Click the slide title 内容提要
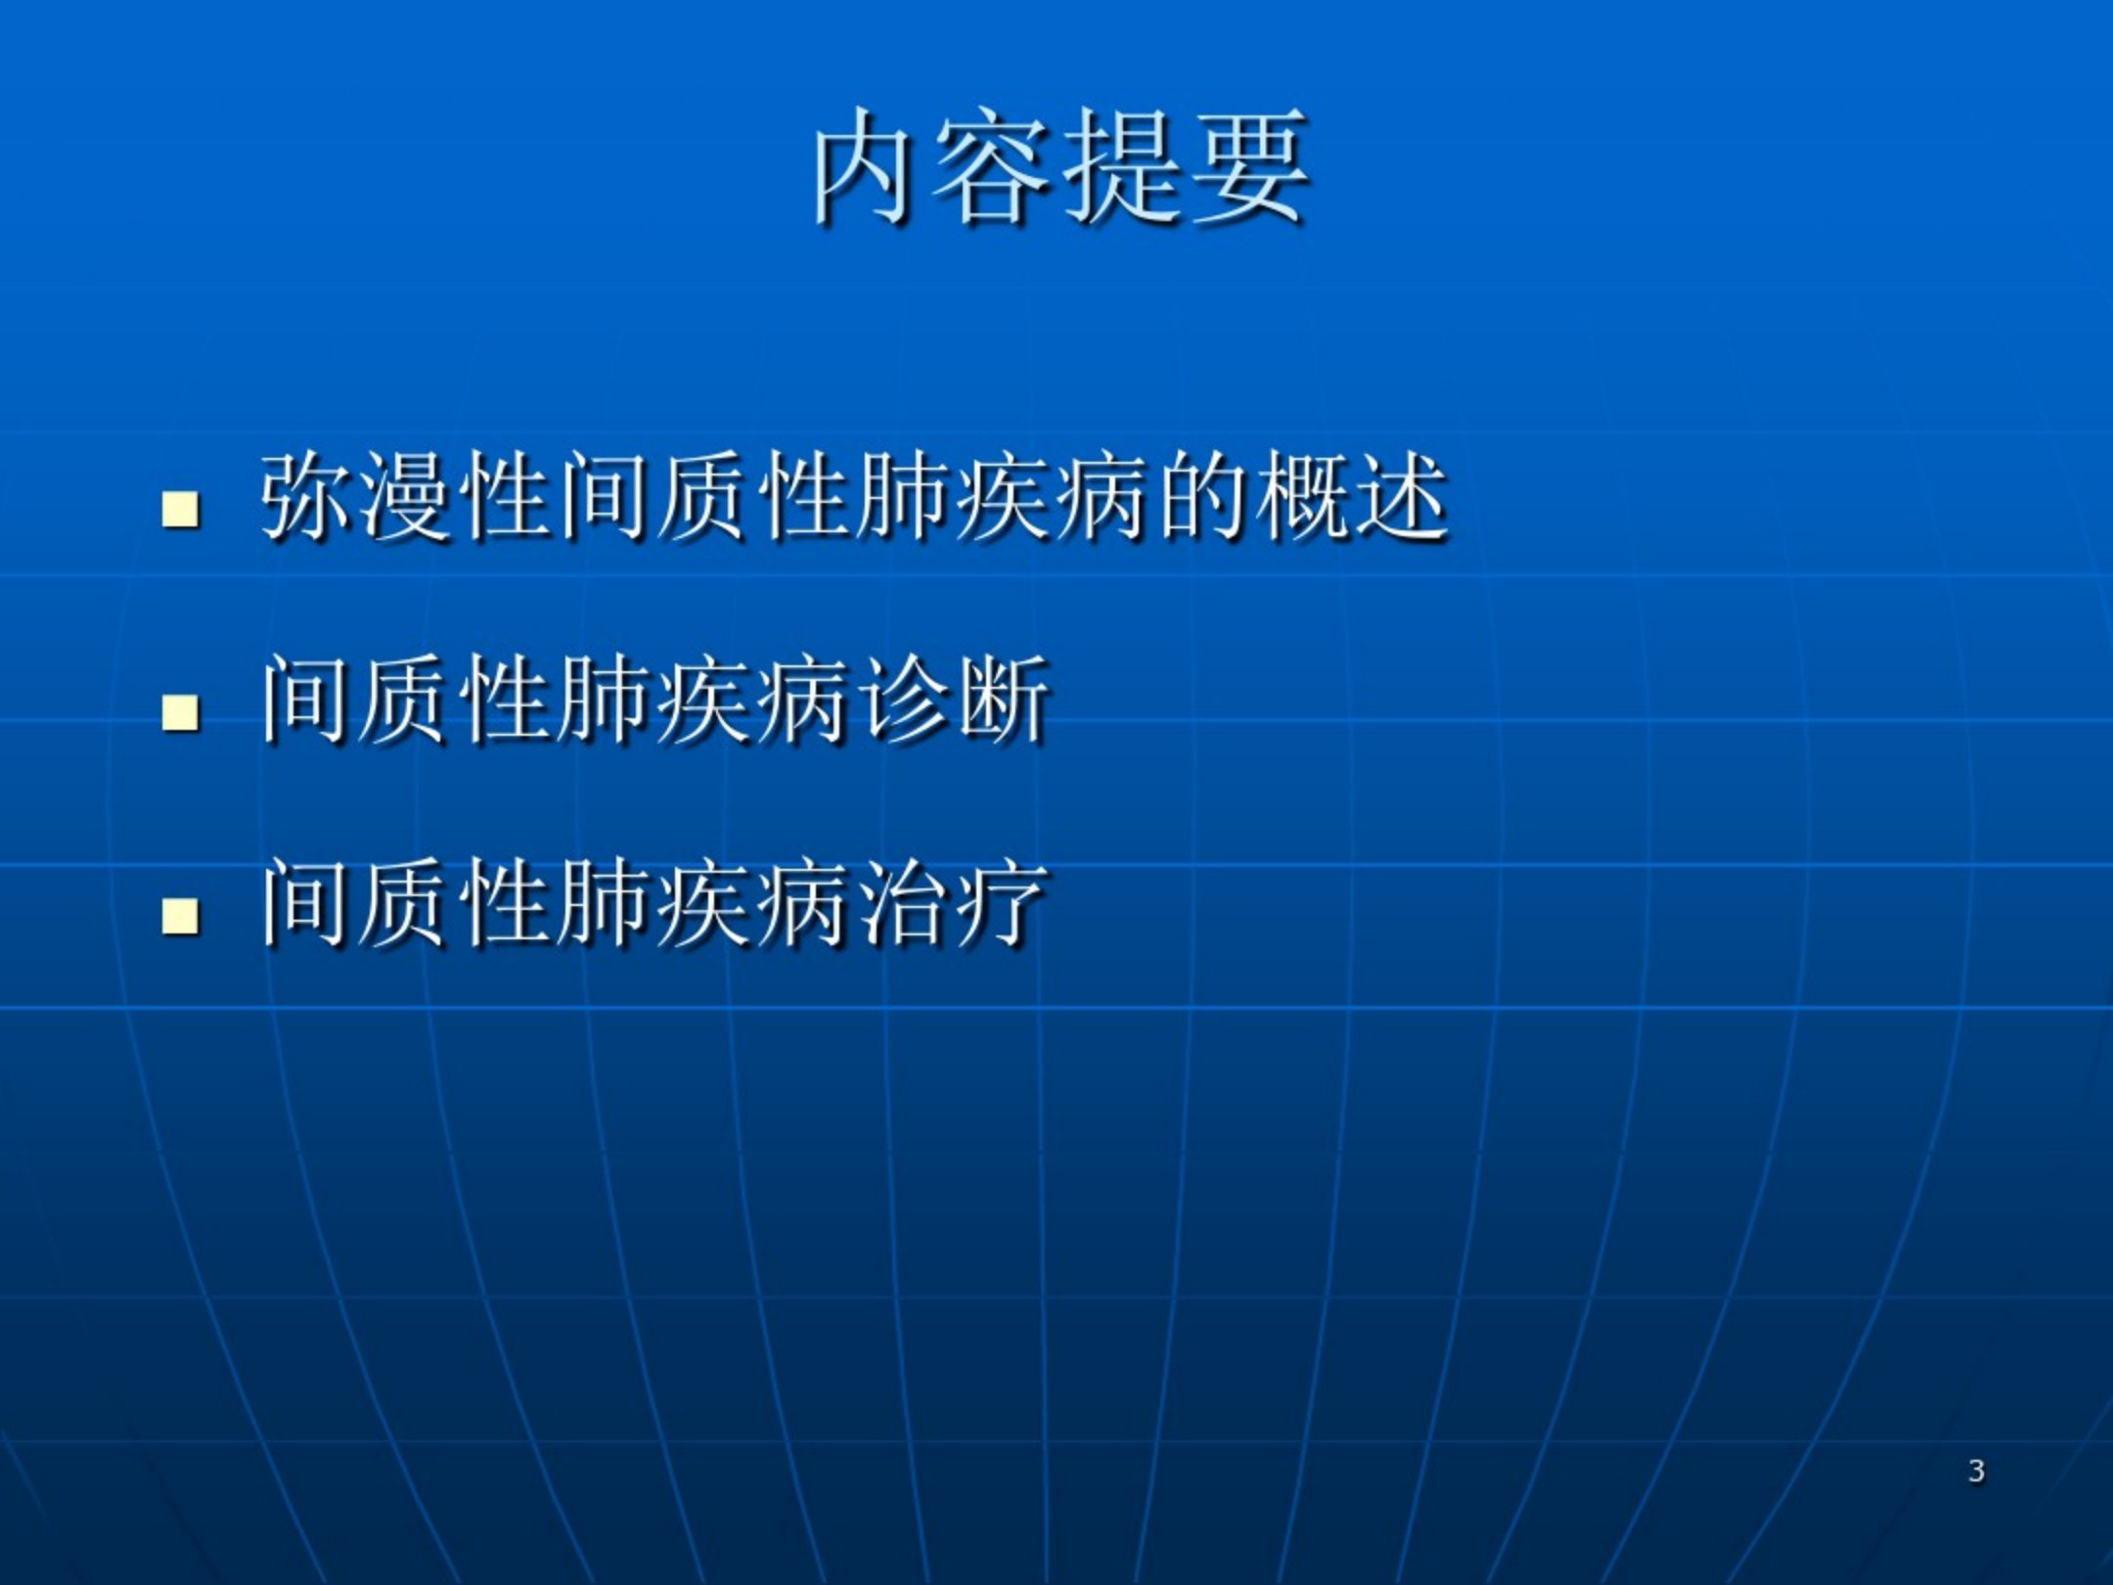(x=1060, y=166)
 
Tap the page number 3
(x=1976, y=1471)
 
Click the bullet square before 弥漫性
(x=181, y=509)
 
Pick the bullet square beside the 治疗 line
(x=181, y=918)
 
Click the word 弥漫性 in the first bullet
(x=406, y=496)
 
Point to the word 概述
(x=1353, y=496)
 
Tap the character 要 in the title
(x=1249, y=166)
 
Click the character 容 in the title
(x=998, y=166)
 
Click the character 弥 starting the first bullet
(x=307, y=496)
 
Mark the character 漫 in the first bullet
(x=407, y=496)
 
